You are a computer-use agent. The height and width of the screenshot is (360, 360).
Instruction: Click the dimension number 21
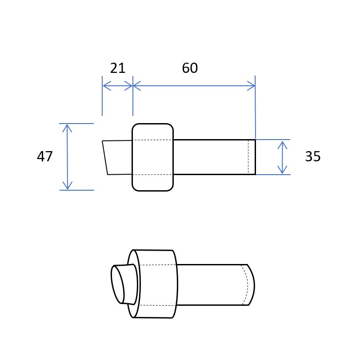point(117,68)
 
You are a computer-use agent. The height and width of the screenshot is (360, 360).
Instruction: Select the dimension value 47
point(44,156)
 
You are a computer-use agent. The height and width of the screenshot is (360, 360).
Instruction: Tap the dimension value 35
point(313,156)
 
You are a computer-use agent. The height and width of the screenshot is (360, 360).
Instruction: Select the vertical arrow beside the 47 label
point(67,157)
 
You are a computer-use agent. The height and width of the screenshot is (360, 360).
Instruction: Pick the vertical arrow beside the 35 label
point(282,157)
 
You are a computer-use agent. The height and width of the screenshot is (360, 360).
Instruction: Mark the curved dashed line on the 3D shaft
point(246,284)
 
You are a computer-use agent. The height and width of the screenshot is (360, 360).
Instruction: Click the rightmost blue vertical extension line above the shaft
point(255,107)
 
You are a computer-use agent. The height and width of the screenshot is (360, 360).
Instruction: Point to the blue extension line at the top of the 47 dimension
point(76,124)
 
